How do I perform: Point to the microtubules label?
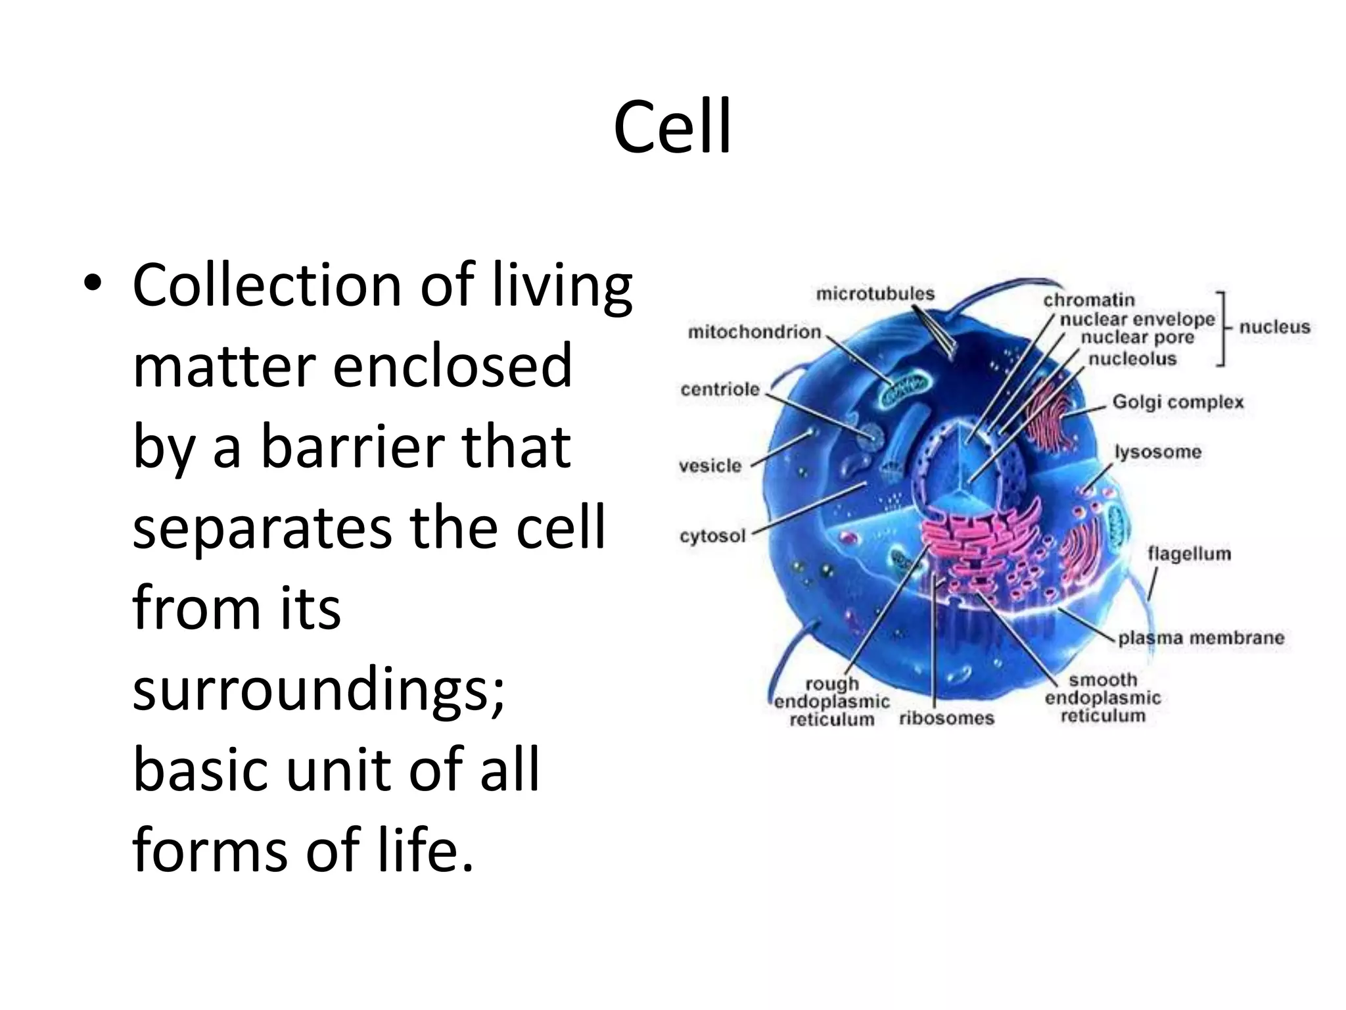(875, 293)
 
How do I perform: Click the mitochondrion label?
(754, 332)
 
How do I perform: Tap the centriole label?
(720, 389)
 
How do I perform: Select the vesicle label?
(710, 466)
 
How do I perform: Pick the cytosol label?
(712, 536)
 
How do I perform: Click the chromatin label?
(1089, 300)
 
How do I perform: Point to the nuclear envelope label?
(1137, 320)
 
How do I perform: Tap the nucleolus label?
(1132, 358)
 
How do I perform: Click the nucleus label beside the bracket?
(1274, 327)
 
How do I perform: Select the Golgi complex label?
(1178, 402)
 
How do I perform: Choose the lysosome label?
(1157, 452)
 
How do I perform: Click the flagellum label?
(1189, 554)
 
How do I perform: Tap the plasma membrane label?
(1201, 638)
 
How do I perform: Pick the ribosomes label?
(946, 717)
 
